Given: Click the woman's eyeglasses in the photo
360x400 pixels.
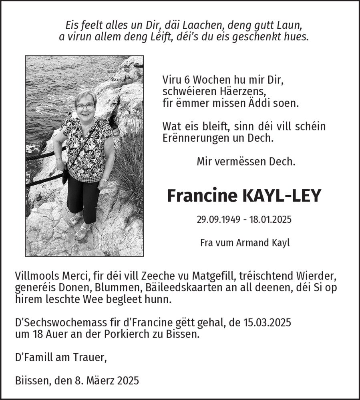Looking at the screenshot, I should click(85, 106).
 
